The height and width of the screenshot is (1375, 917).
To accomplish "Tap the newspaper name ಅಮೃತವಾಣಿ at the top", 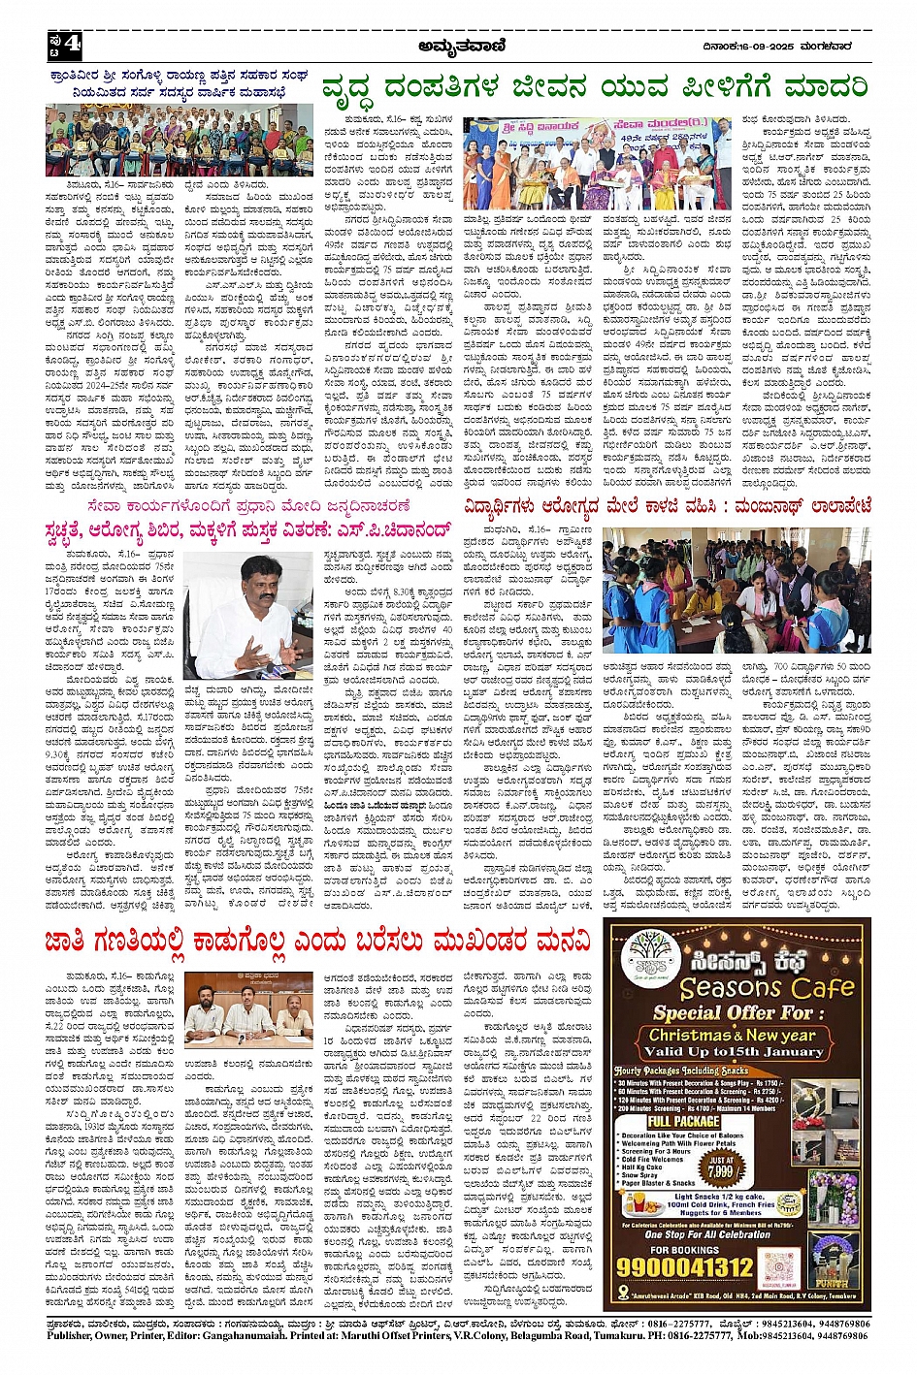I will [x=457, y=45].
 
